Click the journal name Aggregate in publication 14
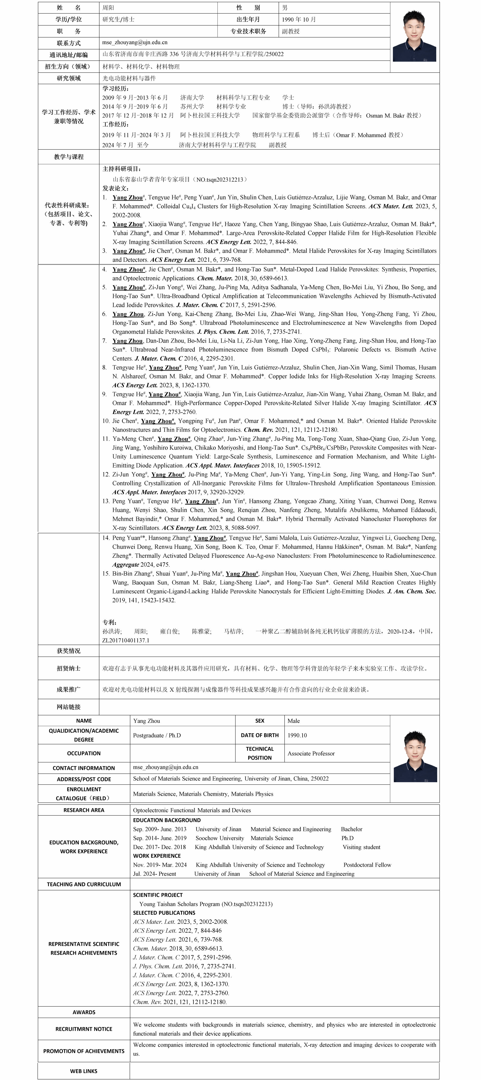point(125,565)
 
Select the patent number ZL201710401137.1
point(126,640)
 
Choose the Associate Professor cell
point(311,753)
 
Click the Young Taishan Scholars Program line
point(206,904)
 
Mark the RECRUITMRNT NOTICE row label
point(84,1029)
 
